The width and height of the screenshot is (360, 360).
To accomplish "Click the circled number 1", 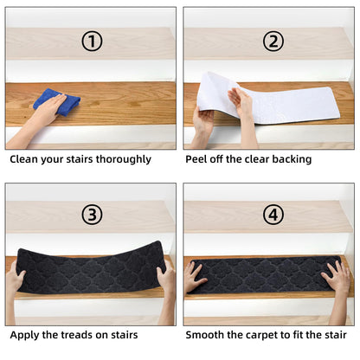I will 93,41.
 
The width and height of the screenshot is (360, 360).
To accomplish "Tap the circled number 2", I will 273,41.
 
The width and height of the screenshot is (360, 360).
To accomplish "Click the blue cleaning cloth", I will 57,101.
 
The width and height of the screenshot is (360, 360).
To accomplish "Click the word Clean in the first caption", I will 25,159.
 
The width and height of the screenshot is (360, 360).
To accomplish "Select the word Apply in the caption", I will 26,335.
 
